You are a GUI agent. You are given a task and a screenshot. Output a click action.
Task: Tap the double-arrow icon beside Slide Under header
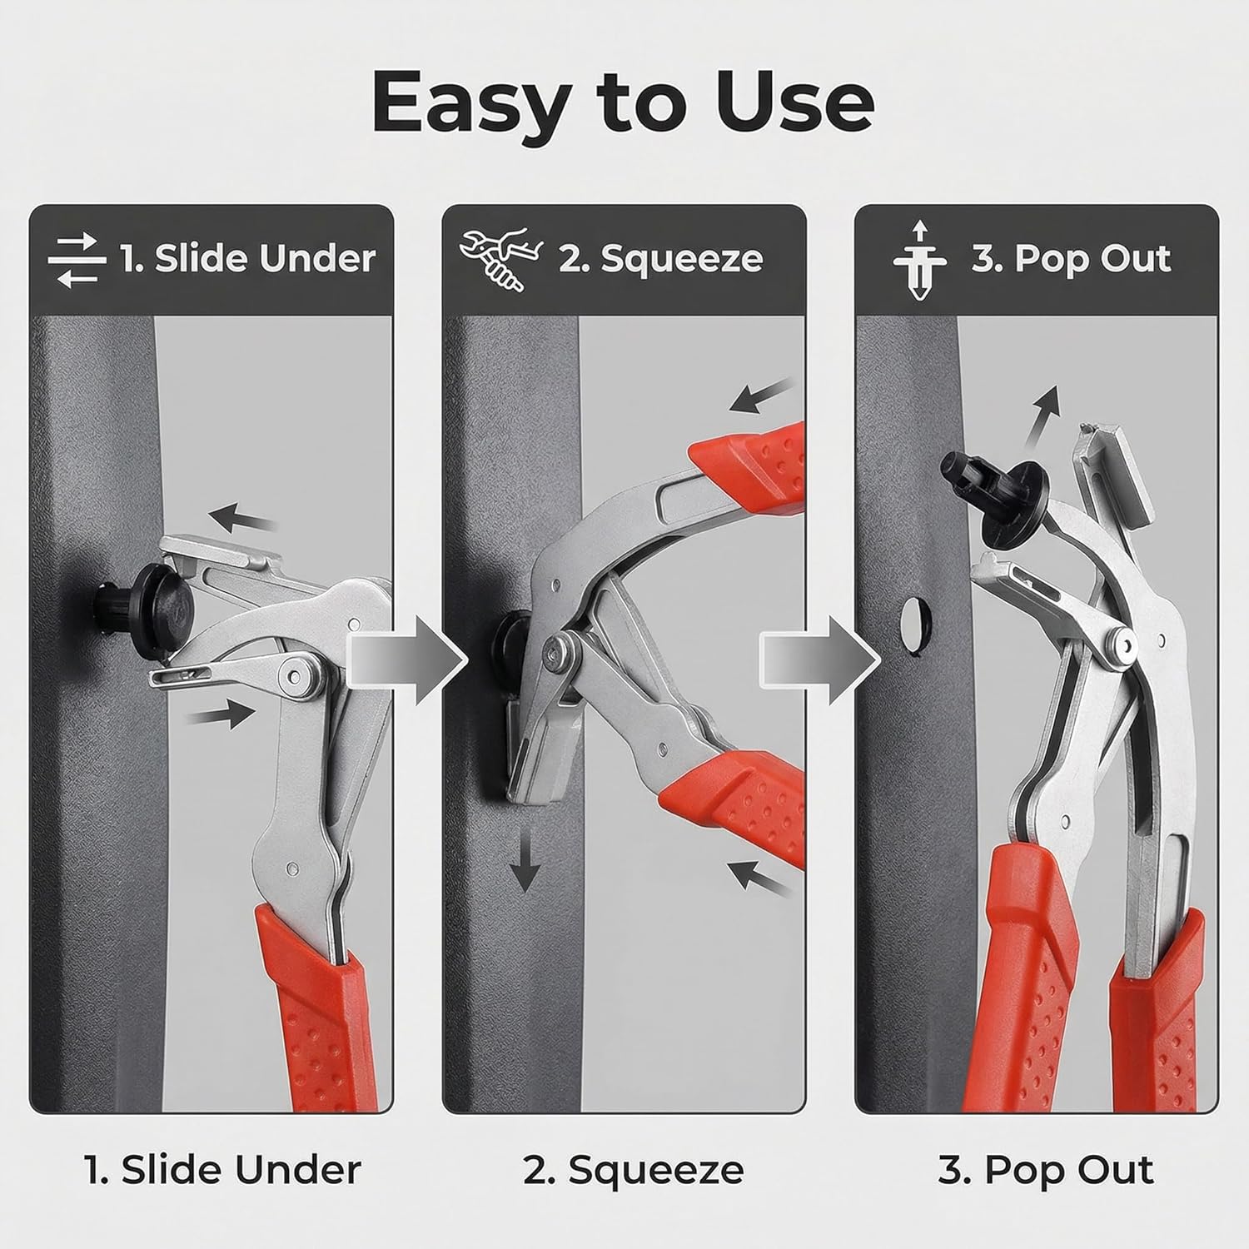[77, 260]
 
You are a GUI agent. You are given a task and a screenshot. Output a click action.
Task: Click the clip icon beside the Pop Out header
[919, 261]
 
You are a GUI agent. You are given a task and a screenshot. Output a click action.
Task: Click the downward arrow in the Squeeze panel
[525, 857]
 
